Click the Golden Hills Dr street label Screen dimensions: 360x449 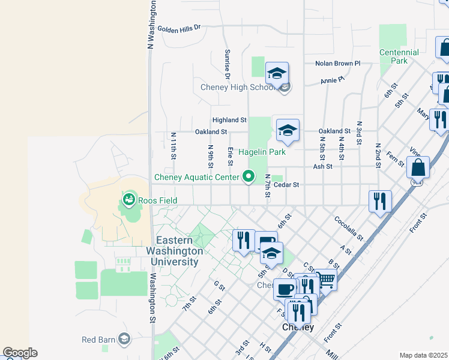pos(178,28)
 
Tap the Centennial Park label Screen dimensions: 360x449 pos(399,56)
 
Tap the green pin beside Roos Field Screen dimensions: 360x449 pos(127,199)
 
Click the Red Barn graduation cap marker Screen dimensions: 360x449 pos(124,340)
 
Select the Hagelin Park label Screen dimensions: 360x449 pos(262,152)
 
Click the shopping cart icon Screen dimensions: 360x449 pos(325,279)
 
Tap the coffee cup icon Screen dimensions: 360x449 pos(285,289)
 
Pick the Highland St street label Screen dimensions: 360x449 pos(229,120)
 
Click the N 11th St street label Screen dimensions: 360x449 pos(173,146)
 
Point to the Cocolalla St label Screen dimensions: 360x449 pos(349,228)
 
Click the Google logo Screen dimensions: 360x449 pos(20,353)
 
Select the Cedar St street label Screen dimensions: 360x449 pos(286,185)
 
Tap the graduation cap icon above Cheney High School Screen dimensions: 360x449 pos(277,73)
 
